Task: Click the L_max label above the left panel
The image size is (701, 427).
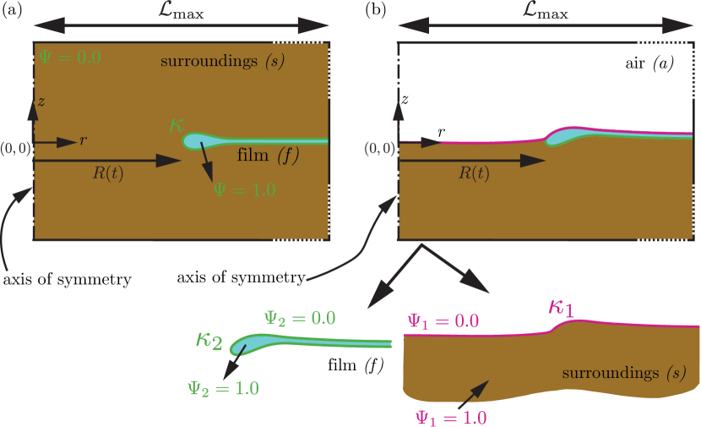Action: click(x=180, y=13)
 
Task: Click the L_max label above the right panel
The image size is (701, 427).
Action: click(x=545, y=13)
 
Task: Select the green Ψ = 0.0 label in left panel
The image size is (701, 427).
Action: click(x=70, y=58)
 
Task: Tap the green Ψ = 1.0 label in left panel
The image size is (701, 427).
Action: click(x=244, y=190)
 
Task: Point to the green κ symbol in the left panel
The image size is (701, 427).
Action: click(x=177, y=125)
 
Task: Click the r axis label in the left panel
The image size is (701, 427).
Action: click(x=83, y=140)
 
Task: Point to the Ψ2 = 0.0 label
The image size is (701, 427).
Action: click(x=300, y=318)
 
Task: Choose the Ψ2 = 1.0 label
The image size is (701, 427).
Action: click(x=223, y=388)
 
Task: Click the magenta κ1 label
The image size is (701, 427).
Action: click(x=562, y=307)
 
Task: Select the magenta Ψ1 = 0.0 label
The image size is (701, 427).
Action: click(x=443, y=320)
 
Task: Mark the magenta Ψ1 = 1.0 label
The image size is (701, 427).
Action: click(x=451, y=416)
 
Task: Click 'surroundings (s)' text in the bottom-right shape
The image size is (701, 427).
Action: click(x=623, y=372)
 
